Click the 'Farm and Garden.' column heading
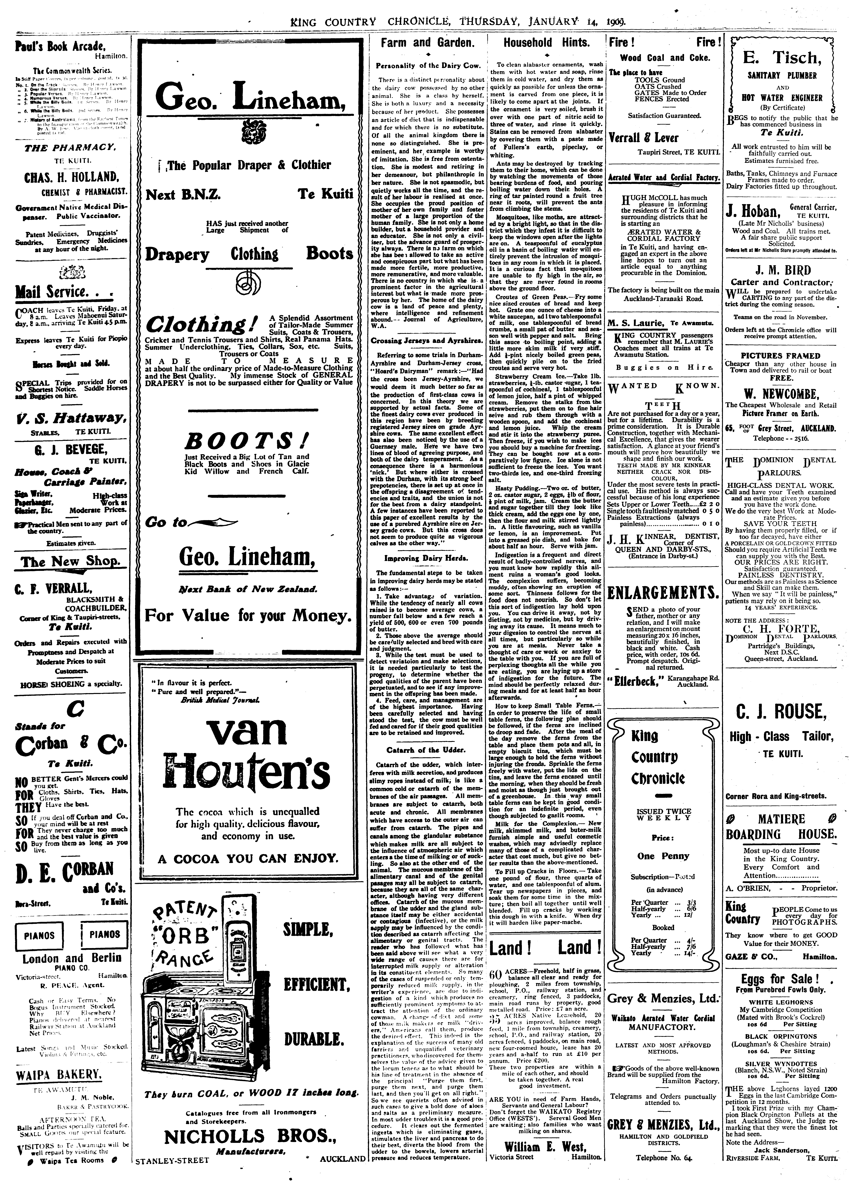pyautogui.click(x=426, y=43)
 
